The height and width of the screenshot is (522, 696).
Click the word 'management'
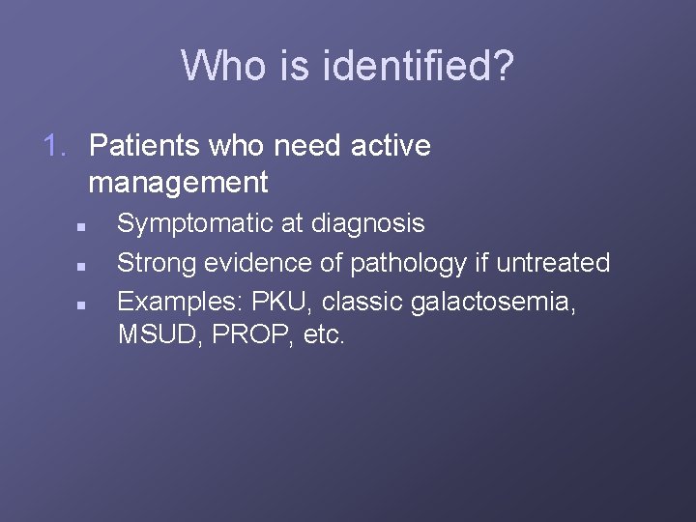[178, 181]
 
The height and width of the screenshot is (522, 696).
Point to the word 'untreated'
[553, 262]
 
